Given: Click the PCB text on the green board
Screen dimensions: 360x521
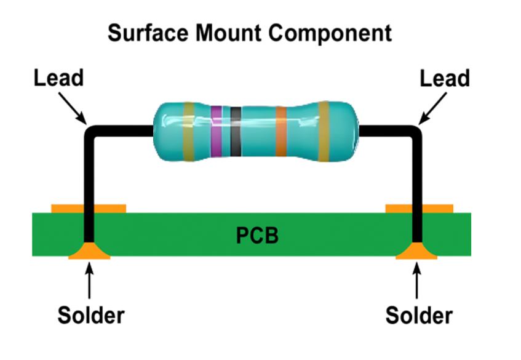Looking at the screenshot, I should (258, 234).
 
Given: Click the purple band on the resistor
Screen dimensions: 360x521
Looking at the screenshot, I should (216, 131).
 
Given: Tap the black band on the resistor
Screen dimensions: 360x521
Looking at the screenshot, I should (236, 131).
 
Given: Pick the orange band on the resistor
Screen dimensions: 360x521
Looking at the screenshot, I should (280, 131).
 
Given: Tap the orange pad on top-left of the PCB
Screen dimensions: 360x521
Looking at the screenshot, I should (69, 209).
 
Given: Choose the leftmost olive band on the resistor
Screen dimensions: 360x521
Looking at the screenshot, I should (189, 131).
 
